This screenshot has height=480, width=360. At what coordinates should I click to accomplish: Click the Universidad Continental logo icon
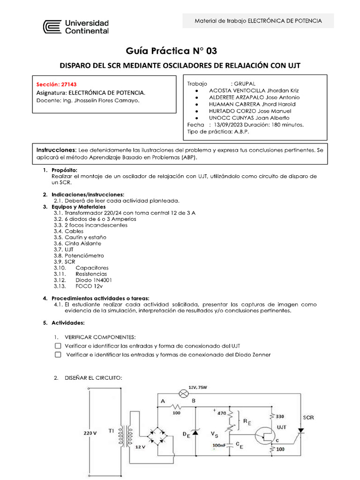(52, 27)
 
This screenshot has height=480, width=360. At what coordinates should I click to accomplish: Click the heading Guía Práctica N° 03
(172, 51)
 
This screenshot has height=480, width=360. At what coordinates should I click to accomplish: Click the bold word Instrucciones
(56, 149)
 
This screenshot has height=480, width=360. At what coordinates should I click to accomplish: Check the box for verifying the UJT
(58, 345)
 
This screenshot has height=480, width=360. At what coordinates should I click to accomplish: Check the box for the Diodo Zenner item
(58, 355)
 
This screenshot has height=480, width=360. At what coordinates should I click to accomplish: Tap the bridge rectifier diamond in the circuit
(156, 435)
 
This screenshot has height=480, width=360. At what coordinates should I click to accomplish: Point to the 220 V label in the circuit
(90, 433)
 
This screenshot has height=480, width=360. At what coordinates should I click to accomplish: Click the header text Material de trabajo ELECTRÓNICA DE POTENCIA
(258, 21)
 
